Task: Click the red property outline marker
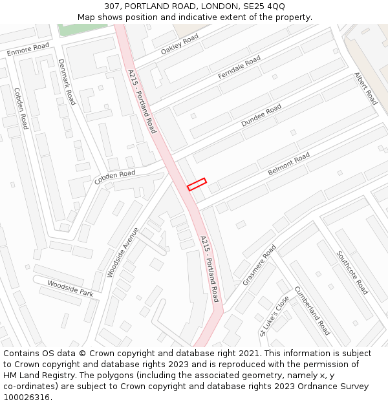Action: tap(197, 184)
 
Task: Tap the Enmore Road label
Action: tap(28, 49)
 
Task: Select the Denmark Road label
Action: tap(67, 82)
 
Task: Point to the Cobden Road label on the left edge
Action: tap(21, 109)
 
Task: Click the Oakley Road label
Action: tap(180, 45)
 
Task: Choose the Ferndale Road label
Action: tap(239, 67)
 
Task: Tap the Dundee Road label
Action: tap(261, 115)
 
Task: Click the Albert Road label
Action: tap(365, 89)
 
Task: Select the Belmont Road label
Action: tap(289, 164)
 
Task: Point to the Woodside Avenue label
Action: tap(123, 252)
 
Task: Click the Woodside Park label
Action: tap(70, 288)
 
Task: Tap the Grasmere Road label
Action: tap(259, 265)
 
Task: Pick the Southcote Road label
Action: tap(352, 272)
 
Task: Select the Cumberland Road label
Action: tap(312, 310)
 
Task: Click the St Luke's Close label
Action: tap(274, 316)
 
